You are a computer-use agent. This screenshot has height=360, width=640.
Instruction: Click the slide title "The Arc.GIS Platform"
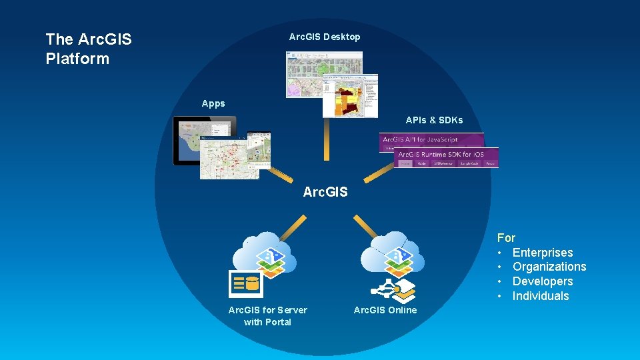click(89, 49)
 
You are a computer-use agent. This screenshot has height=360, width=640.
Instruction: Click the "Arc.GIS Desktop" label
click(325, 37)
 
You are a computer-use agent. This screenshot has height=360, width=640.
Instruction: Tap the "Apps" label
click(213, 103)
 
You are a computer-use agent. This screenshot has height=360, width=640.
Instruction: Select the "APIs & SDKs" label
click(434, 120)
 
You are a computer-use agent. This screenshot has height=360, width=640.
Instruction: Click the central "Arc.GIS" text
click(325, 192)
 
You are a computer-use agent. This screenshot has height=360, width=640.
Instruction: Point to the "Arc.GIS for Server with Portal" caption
click(267, 316)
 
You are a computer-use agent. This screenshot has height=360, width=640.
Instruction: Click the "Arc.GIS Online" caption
click(385, 310)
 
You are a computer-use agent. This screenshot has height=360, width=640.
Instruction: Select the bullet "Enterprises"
click(542, 253)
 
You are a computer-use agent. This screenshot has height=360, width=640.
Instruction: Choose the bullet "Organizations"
click(549, 267)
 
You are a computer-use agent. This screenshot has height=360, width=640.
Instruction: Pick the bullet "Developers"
click(542, 281)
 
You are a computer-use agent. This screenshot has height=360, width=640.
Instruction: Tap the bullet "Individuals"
click(540, 296)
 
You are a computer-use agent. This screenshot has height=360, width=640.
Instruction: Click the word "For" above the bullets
click(506, 238)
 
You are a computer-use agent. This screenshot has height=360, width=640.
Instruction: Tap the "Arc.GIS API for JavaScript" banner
click(431, 141)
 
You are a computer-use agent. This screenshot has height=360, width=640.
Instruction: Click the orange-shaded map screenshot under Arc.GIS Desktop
click(350, 95)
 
